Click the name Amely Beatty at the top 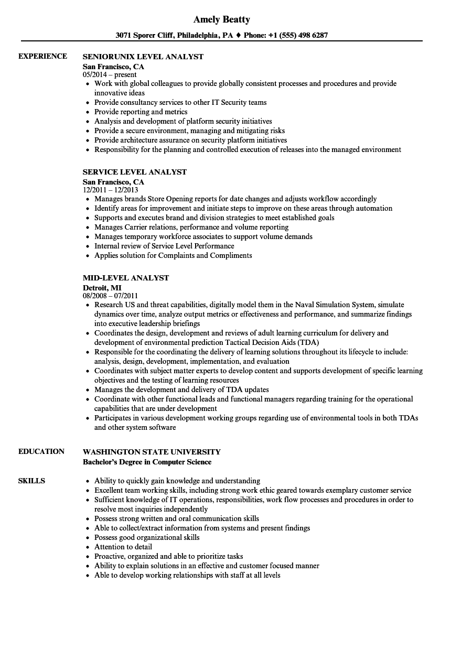tap(222, 19)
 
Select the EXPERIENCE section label tap(42, 56)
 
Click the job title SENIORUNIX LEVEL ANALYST tap(143, 57)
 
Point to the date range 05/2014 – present tap(110, 74)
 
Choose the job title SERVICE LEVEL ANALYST tap(135, 172)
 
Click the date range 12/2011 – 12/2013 tap(111, 190)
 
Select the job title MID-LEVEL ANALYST tap(126, 278)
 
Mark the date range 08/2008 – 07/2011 tap(111, 296)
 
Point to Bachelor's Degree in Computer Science tap(147, 462)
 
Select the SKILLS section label tap(31, 481)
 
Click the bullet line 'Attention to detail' tap(123, 547)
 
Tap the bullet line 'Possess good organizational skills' tap(146, 537)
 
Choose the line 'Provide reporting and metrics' tap(141, 112)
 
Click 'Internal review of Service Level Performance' tap(164, 246)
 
